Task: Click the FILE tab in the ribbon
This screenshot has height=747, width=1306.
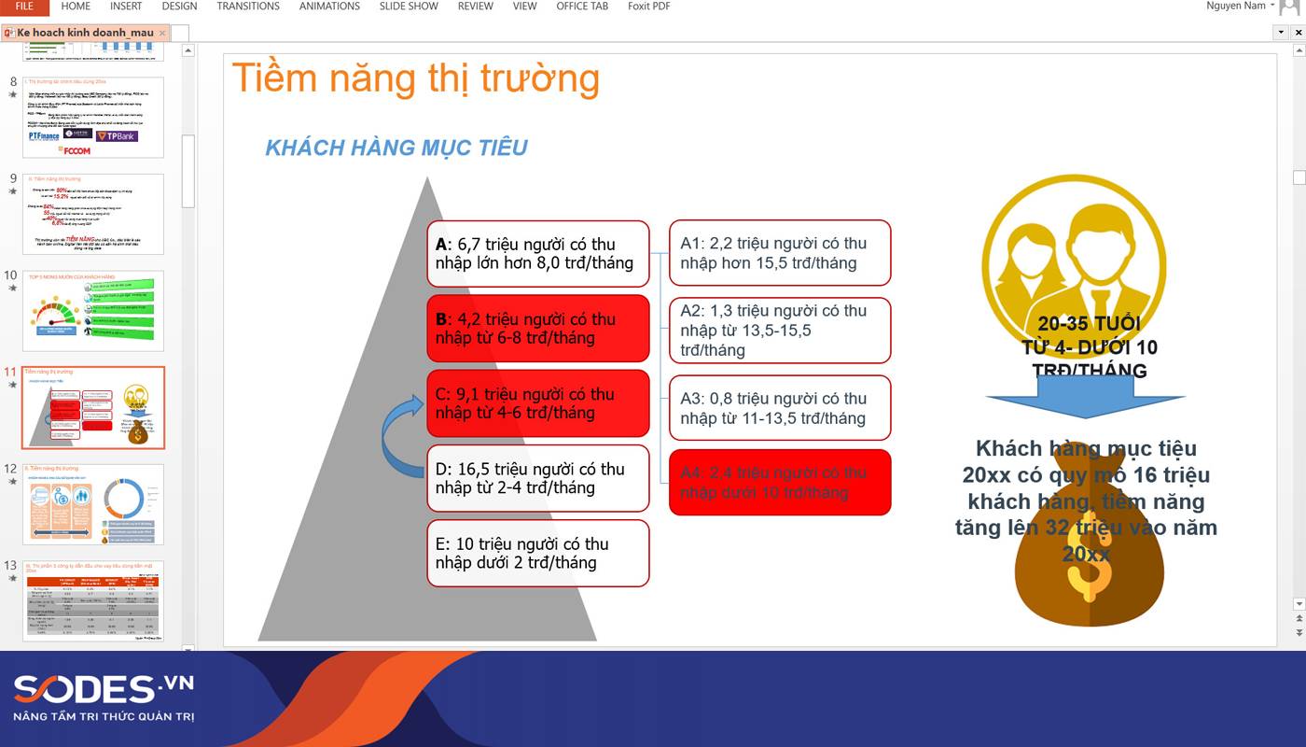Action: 24,7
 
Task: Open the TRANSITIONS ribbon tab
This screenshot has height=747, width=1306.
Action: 248,7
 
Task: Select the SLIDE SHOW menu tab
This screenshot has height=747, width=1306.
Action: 409,7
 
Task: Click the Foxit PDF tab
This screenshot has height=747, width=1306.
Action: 648,7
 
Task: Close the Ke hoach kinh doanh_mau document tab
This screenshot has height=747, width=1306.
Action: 162,33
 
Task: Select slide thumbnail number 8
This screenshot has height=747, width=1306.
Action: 93,117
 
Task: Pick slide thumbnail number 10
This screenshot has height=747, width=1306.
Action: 93,311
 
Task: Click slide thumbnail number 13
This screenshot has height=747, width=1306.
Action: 93,600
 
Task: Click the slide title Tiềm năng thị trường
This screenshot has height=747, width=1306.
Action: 415,78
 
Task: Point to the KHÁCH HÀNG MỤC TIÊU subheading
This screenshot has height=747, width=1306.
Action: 396,148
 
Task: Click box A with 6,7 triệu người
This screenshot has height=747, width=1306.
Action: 537,253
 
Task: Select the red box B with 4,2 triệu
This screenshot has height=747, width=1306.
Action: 537,328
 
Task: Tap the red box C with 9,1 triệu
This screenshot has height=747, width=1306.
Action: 537,403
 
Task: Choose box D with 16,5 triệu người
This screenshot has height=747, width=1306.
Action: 537,478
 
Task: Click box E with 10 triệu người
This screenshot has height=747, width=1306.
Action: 537,553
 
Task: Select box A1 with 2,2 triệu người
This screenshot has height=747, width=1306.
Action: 780,253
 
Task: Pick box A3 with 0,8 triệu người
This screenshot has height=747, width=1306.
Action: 780,408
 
